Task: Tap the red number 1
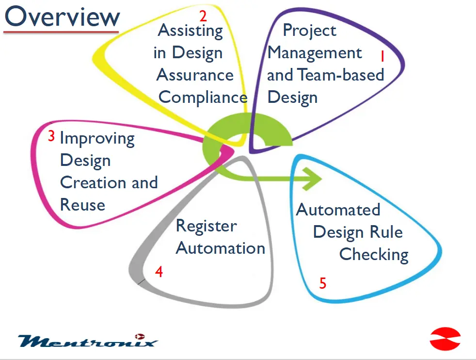point(382,57)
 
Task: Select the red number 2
point(203,16)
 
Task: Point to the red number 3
point(51,136)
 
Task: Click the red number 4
point(159,272)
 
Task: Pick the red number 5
point(323,283)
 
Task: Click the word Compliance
point(203,98)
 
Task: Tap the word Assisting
point(190,31)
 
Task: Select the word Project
point(309,31)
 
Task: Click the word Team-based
point(340,75)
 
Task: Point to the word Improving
point(97,139)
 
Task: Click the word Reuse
point(82,205)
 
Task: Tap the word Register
point(206,226)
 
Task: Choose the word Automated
point(338,210)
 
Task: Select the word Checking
point(374,255)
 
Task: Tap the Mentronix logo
point(88,341)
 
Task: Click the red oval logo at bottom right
point(445,339)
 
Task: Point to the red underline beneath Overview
point(61,32)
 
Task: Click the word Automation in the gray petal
point(220,248)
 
